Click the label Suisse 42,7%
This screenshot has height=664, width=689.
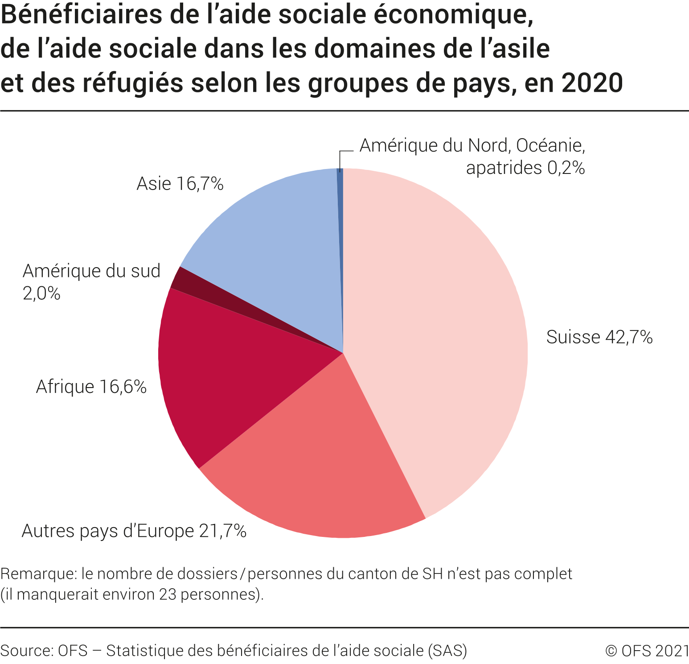[599, 337]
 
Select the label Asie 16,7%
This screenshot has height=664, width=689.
[180, 184]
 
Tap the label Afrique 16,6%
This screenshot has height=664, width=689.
[91, 387]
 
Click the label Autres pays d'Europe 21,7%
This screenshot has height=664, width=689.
[134, 531]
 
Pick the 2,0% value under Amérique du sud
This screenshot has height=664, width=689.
[41, 293]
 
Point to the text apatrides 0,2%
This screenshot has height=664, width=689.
[525, 168]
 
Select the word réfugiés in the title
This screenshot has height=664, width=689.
[132, 83]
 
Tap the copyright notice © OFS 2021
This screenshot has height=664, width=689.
[647, 651]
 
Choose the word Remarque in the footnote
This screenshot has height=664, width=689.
[38, 573]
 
